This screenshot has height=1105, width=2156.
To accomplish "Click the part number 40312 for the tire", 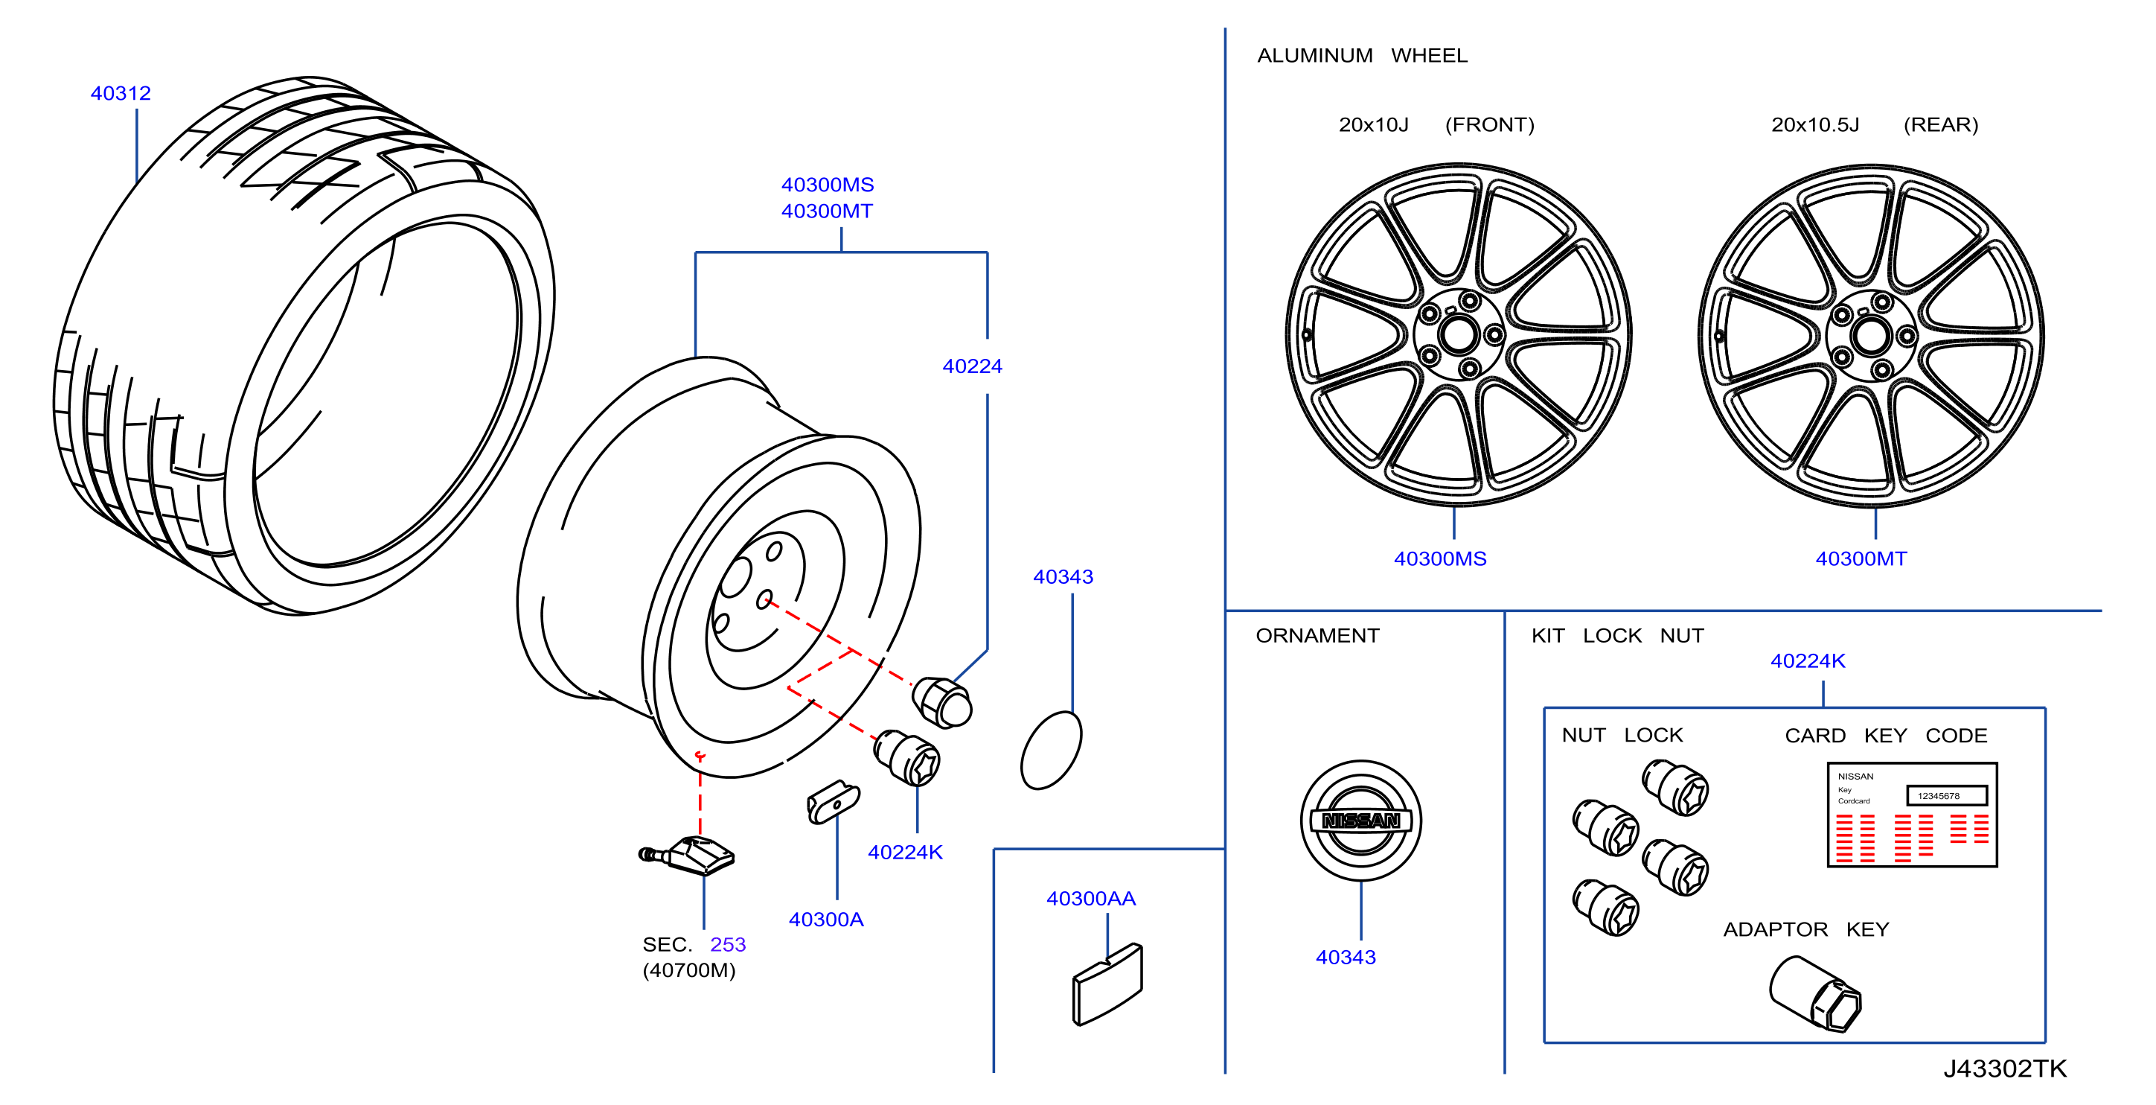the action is coord(121,93).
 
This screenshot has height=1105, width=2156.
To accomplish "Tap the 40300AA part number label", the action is coord(1090,898).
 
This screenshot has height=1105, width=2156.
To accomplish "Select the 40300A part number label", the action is coord(825,919).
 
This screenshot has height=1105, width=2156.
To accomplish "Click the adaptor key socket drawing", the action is coord(1814,995).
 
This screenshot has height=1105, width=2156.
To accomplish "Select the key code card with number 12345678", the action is coord(1912,815).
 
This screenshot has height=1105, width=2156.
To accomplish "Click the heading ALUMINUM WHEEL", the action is coord(1362,55).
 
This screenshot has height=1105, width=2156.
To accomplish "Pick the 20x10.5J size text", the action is coord(1814,125).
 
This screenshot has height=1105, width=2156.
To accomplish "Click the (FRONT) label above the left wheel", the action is coord(1489,125).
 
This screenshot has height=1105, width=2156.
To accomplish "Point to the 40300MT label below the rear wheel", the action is coord(1861,558).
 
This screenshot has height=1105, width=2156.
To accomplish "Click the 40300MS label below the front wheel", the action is coord(1439,558).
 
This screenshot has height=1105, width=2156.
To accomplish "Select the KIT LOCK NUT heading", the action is coord(1617,635).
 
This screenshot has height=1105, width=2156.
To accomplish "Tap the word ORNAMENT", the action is coord(1317,635).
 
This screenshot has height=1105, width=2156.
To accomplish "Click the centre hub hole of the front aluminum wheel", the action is coord(1459,336).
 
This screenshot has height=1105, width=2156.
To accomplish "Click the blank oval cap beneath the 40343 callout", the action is coord(1052,750).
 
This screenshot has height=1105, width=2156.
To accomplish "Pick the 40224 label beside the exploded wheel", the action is coord(972,366).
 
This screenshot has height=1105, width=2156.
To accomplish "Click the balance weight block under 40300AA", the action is coord(1107,984).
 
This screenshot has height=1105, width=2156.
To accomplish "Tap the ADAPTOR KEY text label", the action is coord(1805,929).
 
